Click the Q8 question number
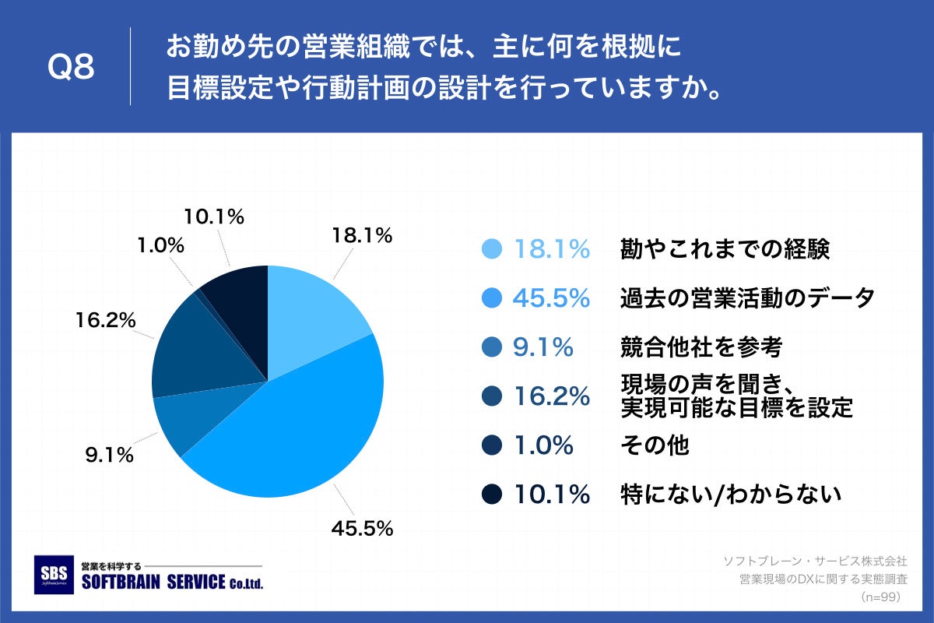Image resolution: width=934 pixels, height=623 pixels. (71, 67)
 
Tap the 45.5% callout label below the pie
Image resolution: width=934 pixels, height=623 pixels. (362, 529)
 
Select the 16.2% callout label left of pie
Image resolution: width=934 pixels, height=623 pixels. (106, 319)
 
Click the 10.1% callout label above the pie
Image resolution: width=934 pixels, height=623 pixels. (214, 216)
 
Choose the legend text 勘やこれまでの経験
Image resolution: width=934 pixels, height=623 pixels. (725, 249)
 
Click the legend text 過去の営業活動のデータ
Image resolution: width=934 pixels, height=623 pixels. (747, 298)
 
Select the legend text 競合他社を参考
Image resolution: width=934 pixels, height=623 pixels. (700, 347)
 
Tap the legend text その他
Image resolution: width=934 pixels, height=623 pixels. (655, 445)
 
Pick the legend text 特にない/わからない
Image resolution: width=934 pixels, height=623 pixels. (731, 494)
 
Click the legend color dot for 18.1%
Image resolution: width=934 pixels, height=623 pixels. (491, 249)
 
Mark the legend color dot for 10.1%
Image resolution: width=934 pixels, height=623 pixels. (491, 494)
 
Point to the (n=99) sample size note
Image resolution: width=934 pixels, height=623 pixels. (880, 597)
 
